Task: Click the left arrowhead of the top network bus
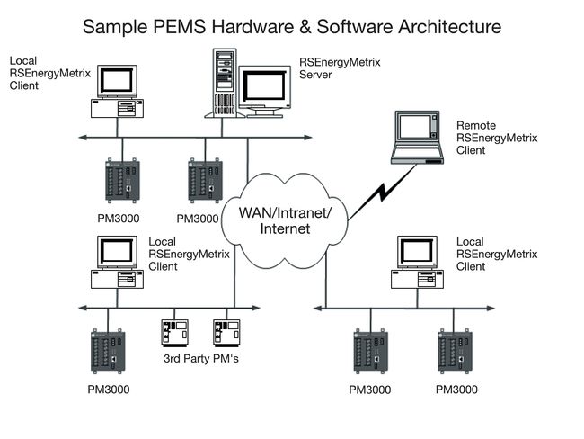pos(82,138)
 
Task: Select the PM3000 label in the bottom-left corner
pos(108,390)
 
